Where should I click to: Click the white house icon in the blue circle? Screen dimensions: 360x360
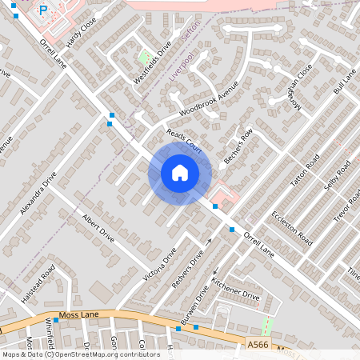[180, 173]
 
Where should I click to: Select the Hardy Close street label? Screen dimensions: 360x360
[81, 34]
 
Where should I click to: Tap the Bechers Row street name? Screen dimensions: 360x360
[238, 146]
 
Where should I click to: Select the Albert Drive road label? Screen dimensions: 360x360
[99, 231]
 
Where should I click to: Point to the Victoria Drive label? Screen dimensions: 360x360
[159, 268]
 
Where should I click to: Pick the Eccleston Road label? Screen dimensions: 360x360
[291, 226]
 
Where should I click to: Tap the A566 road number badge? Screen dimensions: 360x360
[258, 343]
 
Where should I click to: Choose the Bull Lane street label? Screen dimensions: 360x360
[344, 83]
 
